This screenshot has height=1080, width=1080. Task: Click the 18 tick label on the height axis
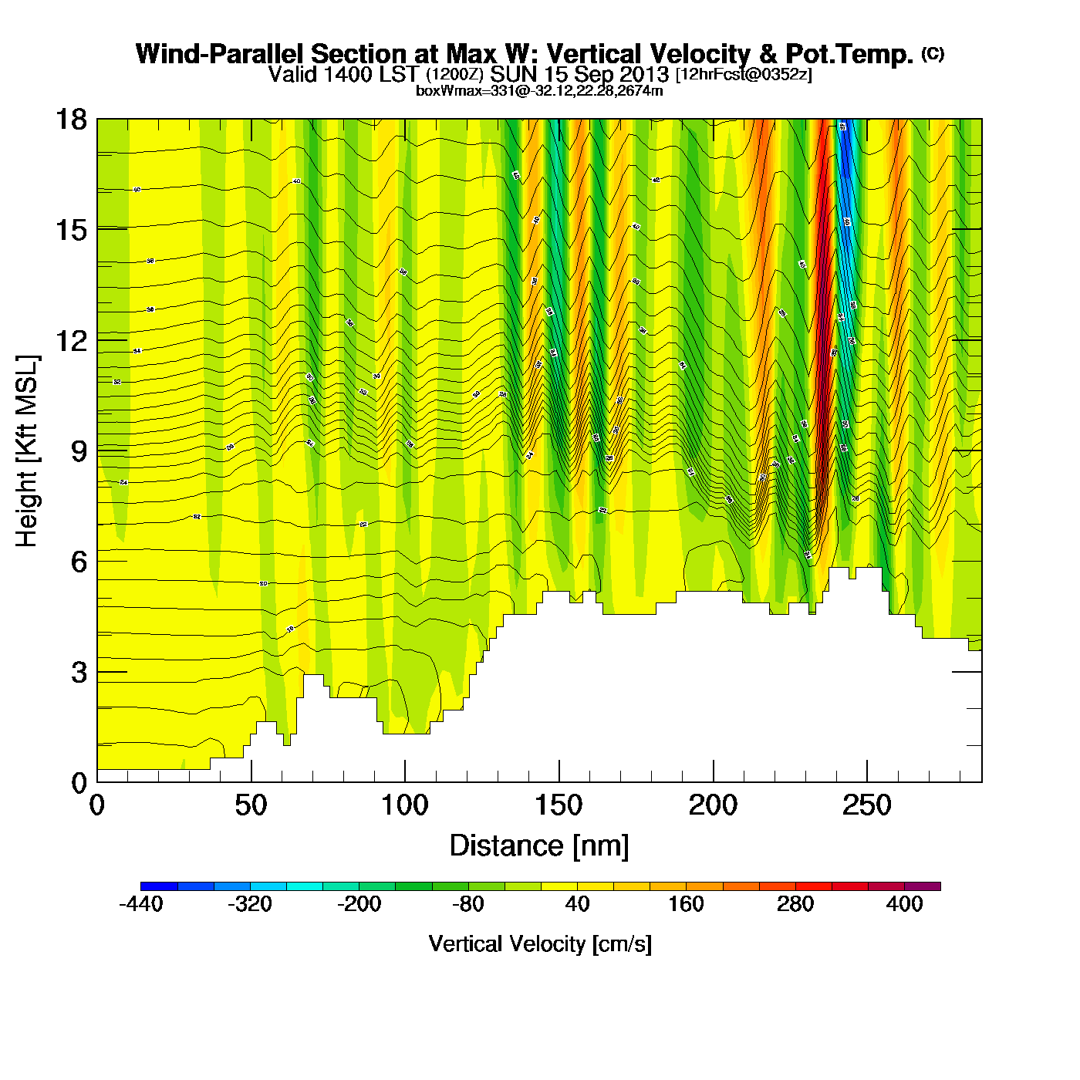click(70, 120)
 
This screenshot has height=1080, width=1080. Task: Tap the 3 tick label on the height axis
click(79, 673)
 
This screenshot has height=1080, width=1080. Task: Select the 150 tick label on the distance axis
click(559, 806)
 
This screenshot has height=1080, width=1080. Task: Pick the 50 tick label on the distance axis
click(251, 806)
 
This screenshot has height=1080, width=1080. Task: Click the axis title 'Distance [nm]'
click(539, 846)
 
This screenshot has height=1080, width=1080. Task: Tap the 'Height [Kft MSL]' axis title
click(27, 451)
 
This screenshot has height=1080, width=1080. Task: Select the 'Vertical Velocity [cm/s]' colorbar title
click(540, 943)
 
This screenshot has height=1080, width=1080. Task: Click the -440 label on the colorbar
click(141, 904)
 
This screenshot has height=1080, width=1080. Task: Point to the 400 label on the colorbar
click(904, 904)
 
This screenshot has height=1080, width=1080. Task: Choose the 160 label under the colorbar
click(686, 904)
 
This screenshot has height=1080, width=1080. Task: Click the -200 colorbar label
click(359, 904)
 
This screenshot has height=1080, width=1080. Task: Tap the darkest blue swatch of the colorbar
click(159, 886)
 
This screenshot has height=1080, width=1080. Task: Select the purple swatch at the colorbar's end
click(923, 886)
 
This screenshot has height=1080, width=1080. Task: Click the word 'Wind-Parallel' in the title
click(220, 54)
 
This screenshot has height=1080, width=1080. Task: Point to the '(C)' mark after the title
click(933, 53)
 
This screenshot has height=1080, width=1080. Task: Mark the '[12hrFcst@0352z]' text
click(744, 75)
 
